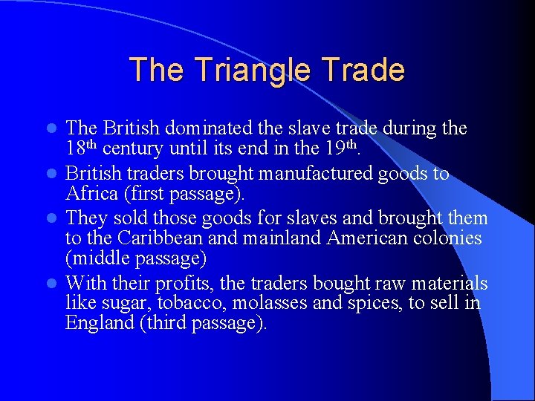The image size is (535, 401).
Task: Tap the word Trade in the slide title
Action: (x=364, y=70)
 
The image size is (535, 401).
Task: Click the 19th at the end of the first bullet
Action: (x=341, y=148)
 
